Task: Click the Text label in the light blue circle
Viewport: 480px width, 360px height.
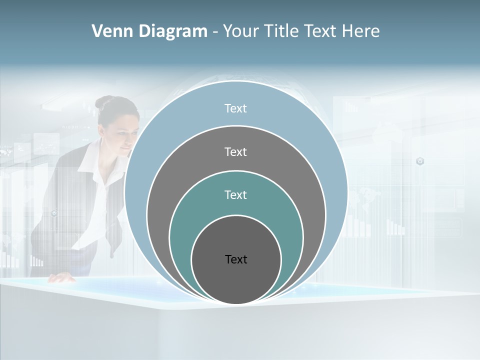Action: click(x=235, y=108)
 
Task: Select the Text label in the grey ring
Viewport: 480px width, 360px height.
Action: click(x=235, y=152)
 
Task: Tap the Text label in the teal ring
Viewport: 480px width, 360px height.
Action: click(x=235, y=195)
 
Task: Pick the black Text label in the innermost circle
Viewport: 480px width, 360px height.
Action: click(x=236, y=259)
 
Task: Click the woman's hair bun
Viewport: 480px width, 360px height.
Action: click(x=103, y=102)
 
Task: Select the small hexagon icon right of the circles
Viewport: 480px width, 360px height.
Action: click(x=420, y=161)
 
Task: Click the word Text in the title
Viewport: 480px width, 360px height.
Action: click(x=321, y=31)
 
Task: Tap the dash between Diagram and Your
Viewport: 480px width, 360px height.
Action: click(x=215, y=32)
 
